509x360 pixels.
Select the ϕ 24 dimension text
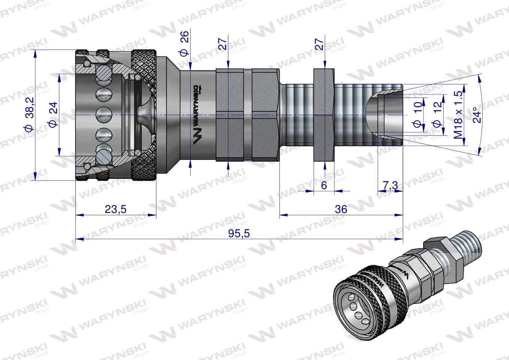pyautogui.click(x=52, y=114)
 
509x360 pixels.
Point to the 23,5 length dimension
pyautogui.click(x=115, y=209)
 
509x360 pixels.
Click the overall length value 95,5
pyautogui.click(x=239, y=234)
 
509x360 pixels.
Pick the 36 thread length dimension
pyautogui.click(x=341, y=209)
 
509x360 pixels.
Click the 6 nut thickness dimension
pyautogui.click(x=324, y=185)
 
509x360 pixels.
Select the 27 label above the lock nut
pyautogui.click(x=319, y=43)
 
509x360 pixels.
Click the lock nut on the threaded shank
pyautogui.click(x=323, y=115)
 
